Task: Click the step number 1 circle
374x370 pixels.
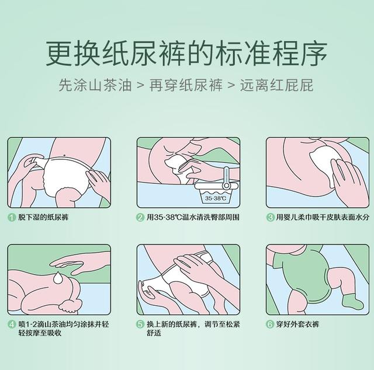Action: (12, 217)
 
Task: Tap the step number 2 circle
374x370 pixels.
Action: (140, 217)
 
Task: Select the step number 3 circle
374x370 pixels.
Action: (270, 217)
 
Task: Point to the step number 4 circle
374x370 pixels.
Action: (12, 324)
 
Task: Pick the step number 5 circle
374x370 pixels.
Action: (140, 324)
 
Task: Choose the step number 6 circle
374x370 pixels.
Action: (270, 324)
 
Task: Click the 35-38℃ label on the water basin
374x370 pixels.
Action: (216, 198)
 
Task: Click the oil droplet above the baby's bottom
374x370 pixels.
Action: (58, 278)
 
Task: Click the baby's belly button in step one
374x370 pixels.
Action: (65, 156)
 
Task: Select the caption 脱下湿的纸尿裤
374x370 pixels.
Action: (43, 217)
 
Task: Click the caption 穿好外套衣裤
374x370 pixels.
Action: (297, 324)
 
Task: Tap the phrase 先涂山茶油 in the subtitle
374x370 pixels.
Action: (95, 85)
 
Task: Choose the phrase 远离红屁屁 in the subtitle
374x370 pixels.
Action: (276, 85)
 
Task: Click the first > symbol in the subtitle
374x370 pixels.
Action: (141, 86)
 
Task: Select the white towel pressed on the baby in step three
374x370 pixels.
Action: (324, 162)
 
